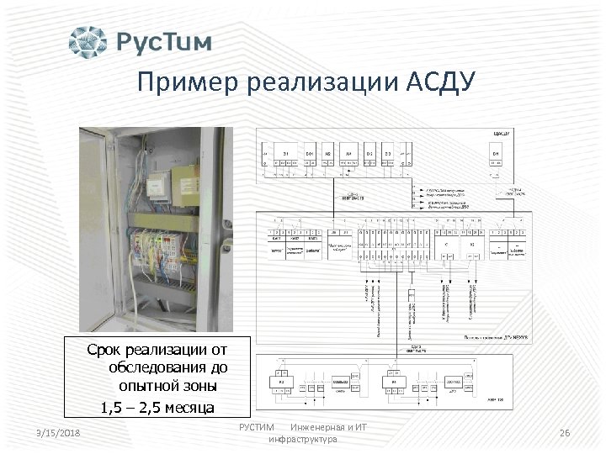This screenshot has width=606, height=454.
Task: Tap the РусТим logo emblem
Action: click(88, 42)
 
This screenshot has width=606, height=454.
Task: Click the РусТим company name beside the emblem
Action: click(163, 42)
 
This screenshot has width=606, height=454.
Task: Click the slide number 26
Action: click(565, 432)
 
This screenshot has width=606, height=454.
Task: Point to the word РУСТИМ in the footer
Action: click(257, 428)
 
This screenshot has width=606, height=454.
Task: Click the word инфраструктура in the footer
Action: click(302, 440)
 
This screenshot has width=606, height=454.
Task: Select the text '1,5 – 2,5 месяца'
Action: click(157, 408)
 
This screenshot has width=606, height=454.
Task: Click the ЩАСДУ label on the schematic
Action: click(502, 134)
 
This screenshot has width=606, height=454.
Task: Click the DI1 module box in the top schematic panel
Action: click(286, 154)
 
